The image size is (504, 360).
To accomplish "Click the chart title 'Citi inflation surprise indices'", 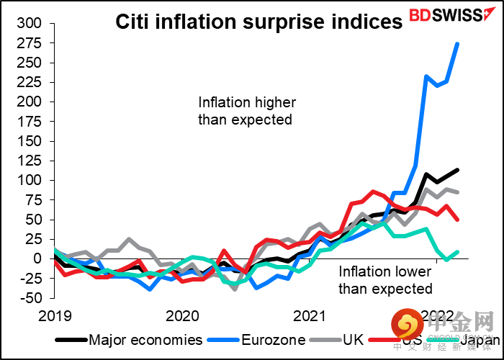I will (259, 22).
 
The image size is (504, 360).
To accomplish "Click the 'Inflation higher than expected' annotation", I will (247, 111).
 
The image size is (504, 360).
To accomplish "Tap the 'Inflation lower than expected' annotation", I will (386, 280).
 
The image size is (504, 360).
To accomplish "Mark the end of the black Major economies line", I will (458, 170).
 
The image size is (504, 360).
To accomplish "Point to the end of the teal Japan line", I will (457, 252).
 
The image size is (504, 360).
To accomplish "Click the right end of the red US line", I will (458, 219).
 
